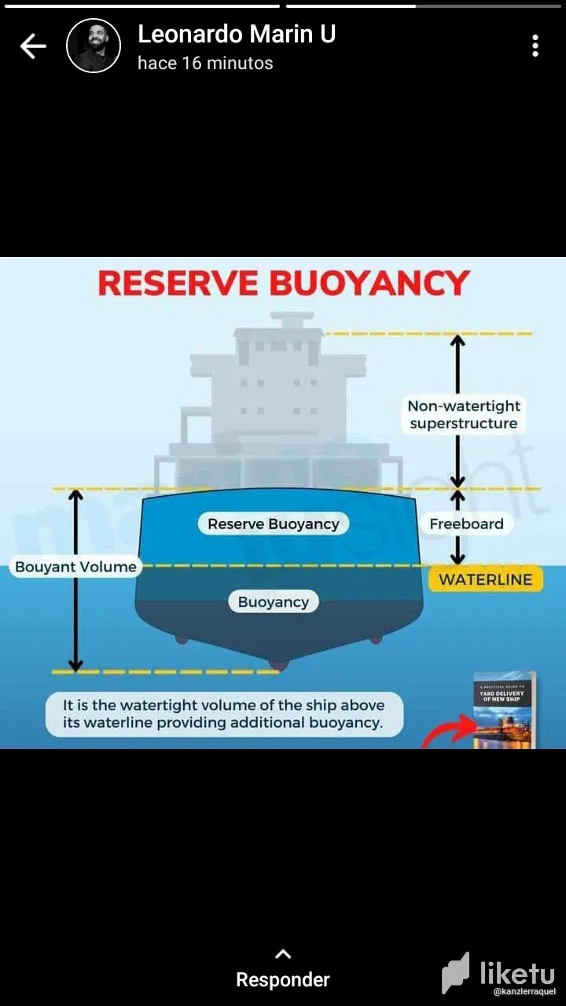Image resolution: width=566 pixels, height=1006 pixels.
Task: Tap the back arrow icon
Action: [x=33, y=46]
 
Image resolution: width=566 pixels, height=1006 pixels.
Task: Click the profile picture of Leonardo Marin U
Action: [x=94, y=46]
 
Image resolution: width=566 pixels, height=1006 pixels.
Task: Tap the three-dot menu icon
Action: [x=535, y=46]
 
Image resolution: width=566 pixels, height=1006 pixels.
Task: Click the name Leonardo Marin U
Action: [x=237, y=34]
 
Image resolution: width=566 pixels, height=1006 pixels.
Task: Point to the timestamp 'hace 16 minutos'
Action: [x=205, y=64]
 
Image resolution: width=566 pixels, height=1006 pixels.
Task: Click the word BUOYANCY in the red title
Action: [x=369, y=284]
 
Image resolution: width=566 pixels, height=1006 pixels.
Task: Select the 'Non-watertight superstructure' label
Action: [x=464, y=415]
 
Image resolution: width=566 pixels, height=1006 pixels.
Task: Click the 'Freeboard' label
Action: [x=466, y=524]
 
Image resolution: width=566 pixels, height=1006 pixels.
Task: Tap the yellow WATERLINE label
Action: [x=485, y=580]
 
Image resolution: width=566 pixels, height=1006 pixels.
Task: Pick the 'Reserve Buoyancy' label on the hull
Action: [x=274, y=524]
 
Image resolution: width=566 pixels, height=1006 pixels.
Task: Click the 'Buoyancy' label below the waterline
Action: [x=274, y=602]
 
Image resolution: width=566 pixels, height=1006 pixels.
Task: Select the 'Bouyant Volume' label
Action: [x=75, y=567]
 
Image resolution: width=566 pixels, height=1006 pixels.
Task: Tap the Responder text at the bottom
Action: [x=283, y=980]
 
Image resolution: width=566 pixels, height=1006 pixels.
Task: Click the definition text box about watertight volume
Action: [x=224, y=714]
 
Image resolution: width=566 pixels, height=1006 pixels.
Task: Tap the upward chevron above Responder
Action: [x=283, y=954]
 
